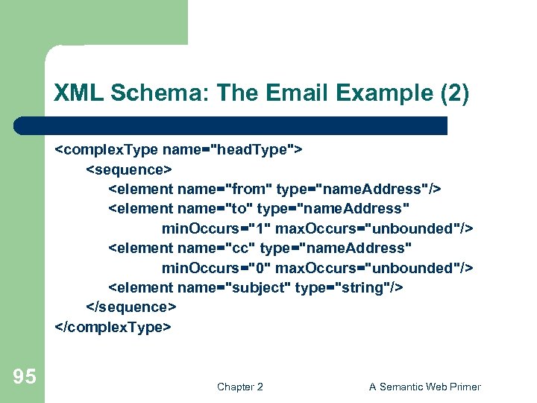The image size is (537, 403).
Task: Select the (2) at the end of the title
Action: pos(452,93)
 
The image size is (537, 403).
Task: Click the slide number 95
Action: pos(24,377)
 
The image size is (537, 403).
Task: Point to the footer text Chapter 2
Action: pos(239,387)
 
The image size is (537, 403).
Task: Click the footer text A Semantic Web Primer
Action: pos(424,387)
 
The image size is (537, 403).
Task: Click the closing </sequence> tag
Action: pos(132,307)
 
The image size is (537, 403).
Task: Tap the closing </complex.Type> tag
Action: pos(113,326)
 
